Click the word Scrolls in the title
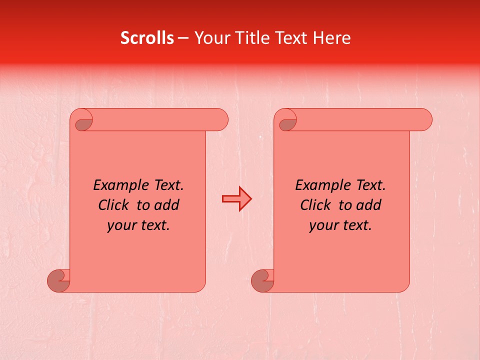[x=147, y=38]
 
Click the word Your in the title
[x=210, y=38]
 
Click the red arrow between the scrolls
[x=236, y=198]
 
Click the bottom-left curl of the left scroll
[x=58, y=280]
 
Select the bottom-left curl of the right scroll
[x=262, y=280]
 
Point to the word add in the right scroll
[x=369, y=205]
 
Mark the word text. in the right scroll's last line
[x=356, y=225]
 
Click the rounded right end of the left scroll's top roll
[x=220, y=120]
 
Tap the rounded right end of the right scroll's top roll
[x=424, y=120]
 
